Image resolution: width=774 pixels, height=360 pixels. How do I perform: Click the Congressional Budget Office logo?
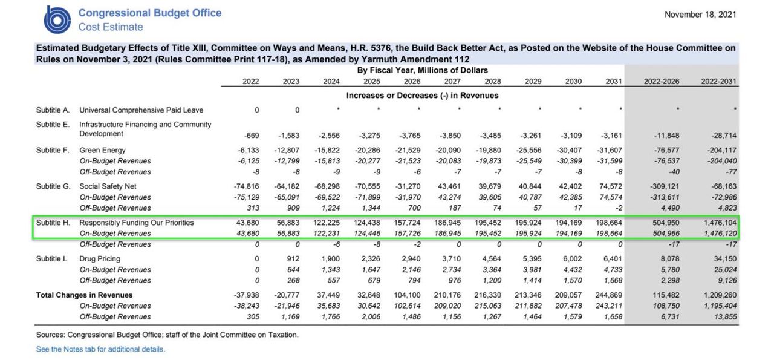coord(57,20)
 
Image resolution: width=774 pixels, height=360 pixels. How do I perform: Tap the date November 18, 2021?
coord(700,15)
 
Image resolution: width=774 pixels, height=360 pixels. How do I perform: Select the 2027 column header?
coord(452,81)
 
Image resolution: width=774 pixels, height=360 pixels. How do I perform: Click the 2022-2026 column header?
coord(662,81)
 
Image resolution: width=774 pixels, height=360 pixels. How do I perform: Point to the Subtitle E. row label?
coord(53,125)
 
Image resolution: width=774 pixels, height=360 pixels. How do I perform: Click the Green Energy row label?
coord(102,150)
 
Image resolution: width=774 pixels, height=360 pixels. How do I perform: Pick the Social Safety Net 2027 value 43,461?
coord(449,186)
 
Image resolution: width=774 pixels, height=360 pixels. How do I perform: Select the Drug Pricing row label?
coord(100,259)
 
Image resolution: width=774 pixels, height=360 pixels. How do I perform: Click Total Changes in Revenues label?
coord(84,295)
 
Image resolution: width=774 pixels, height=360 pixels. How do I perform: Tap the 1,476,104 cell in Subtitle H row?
coord(720,223)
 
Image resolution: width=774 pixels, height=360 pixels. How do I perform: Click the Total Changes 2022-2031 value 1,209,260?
coord(720,295)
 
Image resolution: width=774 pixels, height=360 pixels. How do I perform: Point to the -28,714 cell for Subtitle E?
coord(724,136)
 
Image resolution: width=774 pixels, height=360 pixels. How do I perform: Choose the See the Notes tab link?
coord(100,349)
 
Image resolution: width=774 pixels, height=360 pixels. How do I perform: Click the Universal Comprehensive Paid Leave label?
coord(141,110)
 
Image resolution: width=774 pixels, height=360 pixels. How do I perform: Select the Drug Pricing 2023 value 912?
coord(293,259)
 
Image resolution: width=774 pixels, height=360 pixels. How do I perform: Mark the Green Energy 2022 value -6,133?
coord(248,150)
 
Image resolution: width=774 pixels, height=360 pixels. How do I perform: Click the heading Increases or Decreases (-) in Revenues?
coord(422,96)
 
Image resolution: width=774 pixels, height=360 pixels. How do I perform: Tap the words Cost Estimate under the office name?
coord(111,27)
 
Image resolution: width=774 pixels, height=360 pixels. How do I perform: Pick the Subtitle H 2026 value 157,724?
coord(408,223)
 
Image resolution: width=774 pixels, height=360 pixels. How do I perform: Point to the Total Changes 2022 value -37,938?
coord(246,295)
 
